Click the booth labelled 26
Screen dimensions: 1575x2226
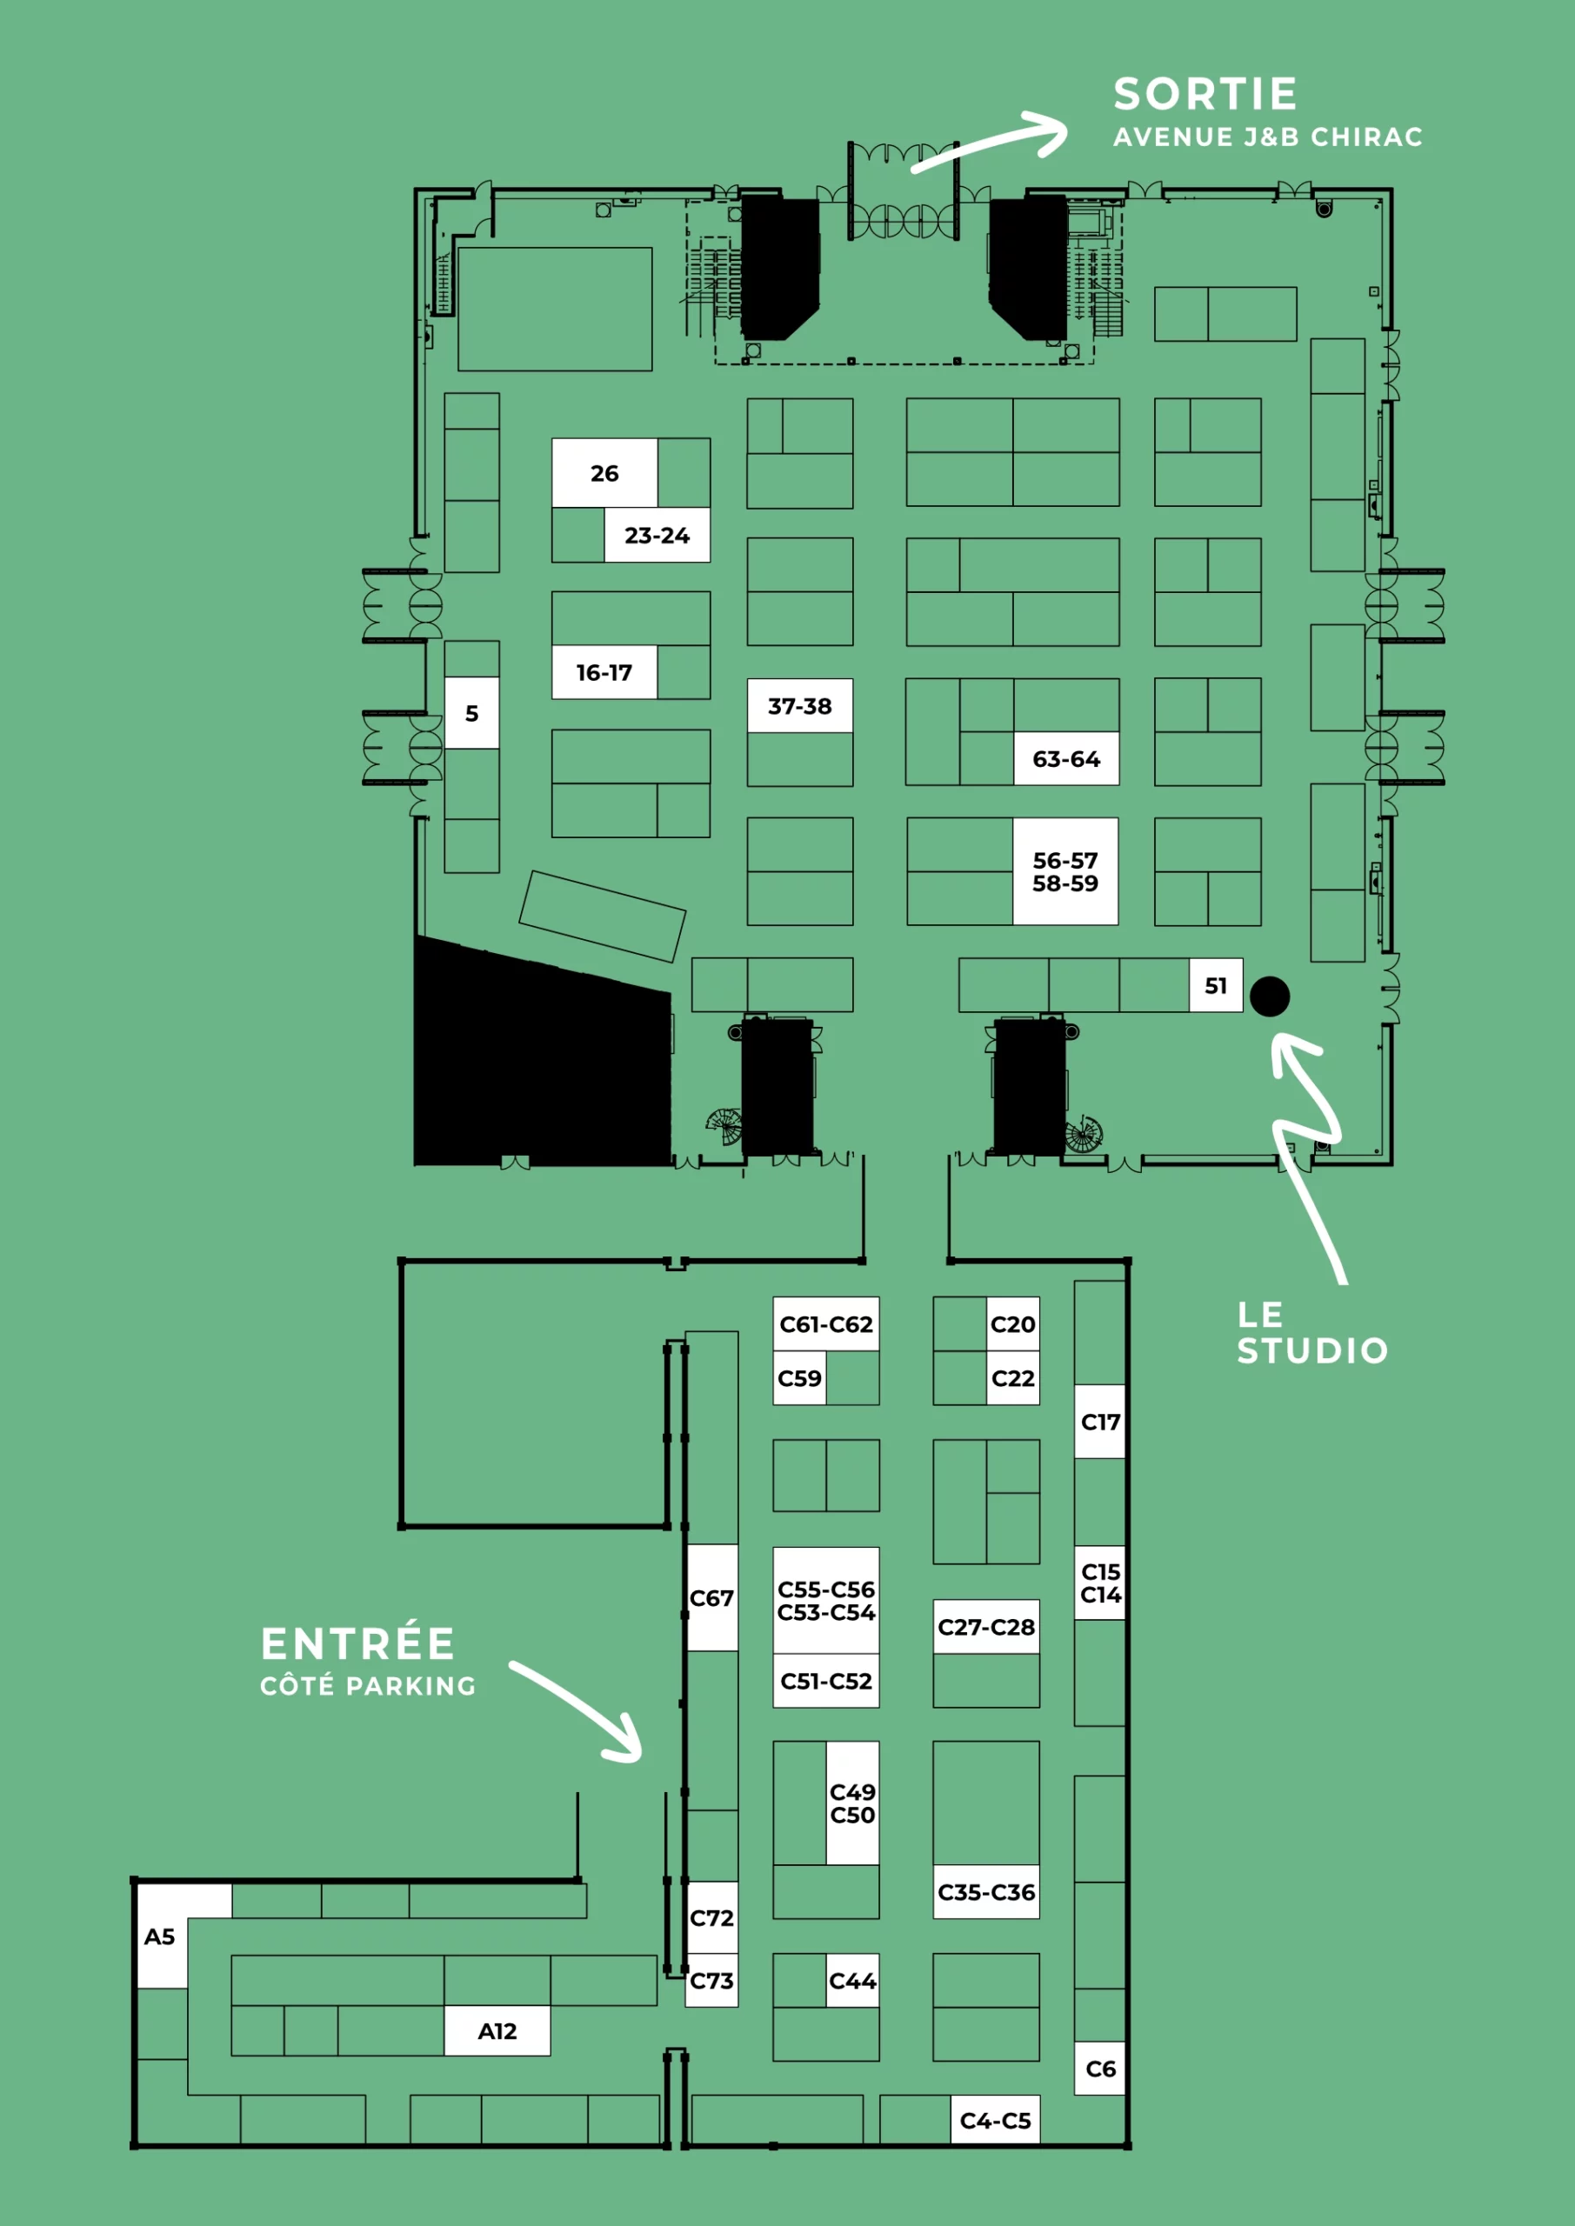604,473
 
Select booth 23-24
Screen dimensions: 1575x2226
657,534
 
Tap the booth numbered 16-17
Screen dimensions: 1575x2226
604,672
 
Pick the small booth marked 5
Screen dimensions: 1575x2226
471,713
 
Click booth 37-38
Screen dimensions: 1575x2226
800,705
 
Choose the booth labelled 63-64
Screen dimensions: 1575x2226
1066,758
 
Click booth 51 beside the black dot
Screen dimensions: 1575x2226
1216,985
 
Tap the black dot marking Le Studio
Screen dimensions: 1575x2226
1270,996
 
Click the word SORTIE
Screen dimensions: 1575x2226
1205,94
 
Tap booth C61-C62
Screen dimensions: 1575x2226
826,1323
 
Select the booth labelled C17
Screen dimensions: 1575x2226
1100,1422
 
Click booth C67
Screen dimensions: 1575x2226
712,1597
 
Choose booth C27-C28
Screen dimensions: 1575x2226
986,1626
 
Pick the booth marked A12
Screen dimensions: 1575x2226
497,2030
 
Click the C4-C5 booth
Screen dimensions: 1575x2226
995,2120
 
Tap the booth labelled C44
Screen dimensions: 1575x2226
852,1980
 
